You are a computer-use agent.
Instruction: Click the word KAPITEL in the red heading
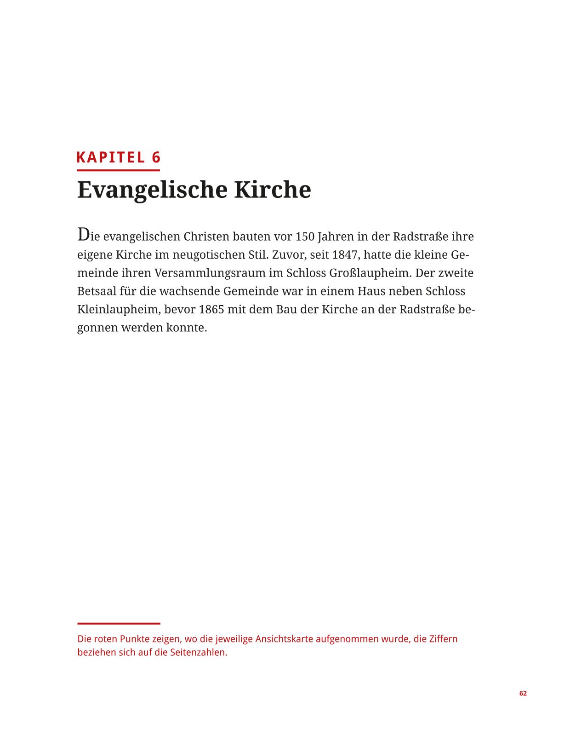[110, 157]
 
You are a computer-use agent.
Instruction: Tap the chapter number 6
[156, 157]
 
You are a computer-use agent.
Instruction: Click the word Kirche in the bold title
[272, 190]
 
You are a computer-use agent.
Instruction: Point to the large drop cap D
[83, 235]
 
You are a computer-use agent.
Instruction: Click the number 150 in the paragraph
[305, 237]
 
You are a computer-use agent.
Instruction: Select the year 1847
[345, 254]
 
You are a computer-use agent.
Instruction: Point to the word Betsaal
[97, 291]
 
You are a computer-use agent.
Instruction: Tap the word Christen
[206, 237]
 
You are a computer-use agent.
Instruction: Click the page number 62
[523, 694]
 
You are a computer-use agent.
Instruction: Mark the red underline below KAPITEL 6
[118, 170]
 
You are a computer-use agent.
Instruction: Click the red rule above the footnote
[119, 624]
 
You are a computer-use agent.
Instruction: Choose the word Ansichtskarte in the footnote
[284, 639]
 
